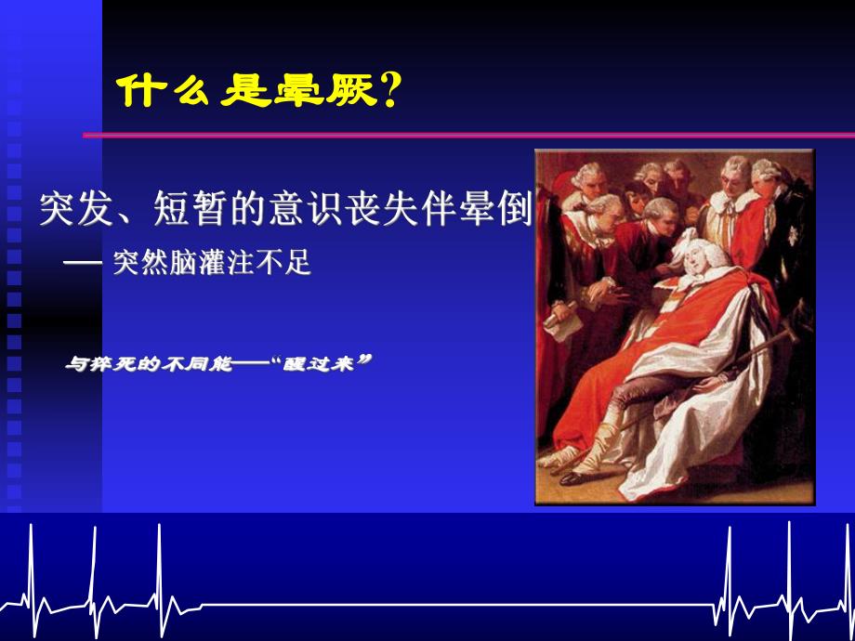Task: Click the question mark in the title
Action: click(x=390, y=91)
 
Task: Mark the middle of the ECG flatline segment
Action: click(x=455, y=606)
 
